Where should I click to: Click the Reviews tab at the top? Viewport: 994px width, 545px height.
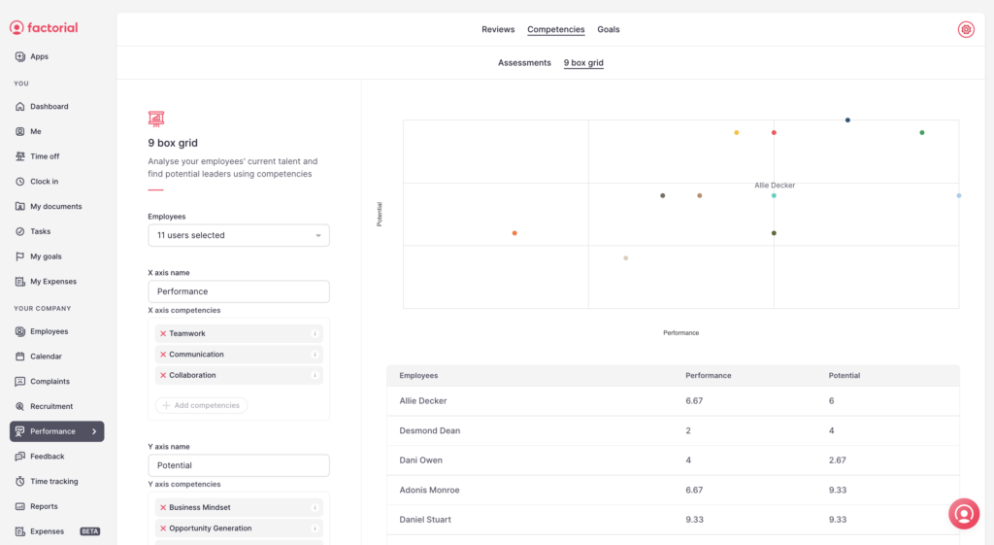tap(498, 29)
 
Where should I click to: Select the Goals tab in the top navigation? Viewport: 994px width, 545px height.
tap(609, 29)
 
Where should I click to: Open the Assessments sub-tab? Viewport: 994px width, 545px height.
tap(524, 63)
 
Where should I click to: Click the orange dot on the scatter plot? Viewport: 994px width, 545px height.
tap(514, 233)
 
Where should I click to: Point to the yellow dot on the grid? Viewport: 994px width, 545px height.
tap(737, 132)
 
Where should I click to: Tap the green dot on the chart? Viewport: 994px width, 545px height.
tap(922, 132)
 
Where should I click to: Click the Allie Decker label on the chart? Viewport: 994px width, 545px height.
tap(775, 185)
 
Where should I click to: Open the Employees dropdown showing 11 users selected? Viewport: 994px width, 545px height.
tap(238, 235)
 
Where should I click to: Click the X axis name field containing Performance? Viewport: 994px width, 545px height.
tap(238, 291)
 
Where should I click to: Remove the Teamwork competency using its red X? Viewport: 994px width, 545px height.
tap(163, 333)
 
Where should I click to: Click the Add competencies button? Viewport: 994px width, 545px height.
tap(201, 405)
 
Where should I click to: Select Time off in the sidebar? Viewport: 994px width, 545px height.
tap(45, 156)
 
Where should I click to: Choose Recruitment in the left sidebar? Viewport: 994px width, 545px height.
tap(51, 406)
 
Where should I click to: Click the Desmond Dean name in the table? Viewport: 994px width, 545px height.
tap(430, 430)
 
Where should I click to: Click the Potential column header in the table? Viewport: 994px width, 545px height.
tap(844, 375)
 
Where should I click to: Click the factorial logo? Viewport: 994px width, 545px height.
tap(44, 28)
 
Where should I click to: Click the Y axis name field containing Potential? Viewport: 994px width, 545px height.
tap(238, 465)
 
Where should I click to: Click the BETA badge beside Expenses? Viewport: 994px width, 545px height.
tap(90, 531)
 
